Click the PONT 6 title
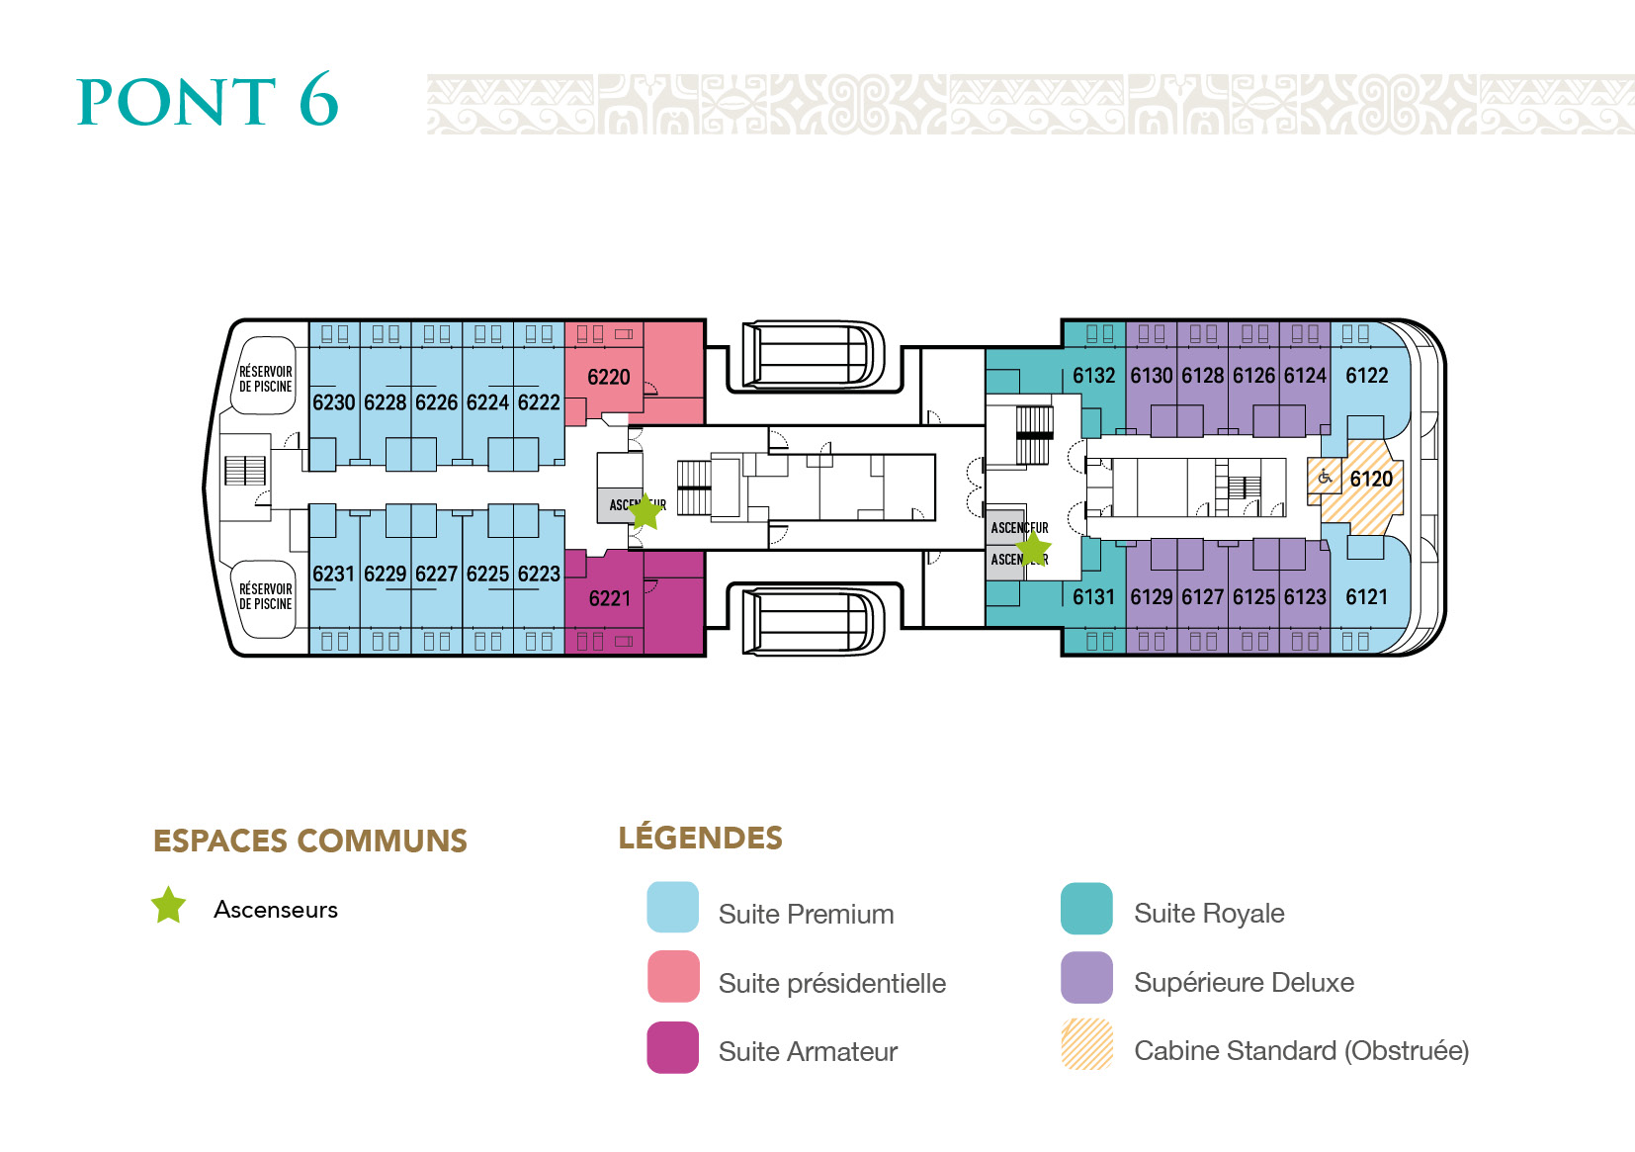click(x=208, y=101)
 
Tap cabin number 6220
click(x=608, y=378)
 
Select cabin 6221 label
click(x=609, y=599)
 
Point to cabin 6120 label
click(x=1371, y=480)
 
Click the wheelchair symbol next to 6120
click(x=1325, y=479)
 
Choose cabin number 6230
click(x=333, y=403)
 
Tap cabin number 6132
click(x=1093, y=377)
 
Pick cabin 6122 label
click(x=1366, y=377)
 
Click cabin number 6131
click(x=1093, y=597)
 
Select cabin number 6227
click(x=436, y=575)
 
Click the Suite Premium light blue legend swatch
click(x=672, y=908)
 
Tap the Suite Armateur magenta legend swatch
click(x=672, y=1047)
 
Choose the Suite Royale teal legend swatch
click(x=1086, y=909)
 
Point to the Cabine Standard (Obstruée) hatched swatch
click(x=1086, y=1045)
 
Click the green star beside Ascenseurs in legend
click(x=168, y=906)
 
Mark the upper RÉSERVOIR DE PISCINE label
click(x=265, y=380)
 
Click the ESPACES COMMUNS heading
click(x=309, y=842)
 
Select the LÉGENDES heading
click(x=700, y=839)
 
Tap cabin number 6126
click(x=1253, y=377)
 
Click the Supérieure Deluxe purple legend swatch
click(x=1086, y=978)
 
